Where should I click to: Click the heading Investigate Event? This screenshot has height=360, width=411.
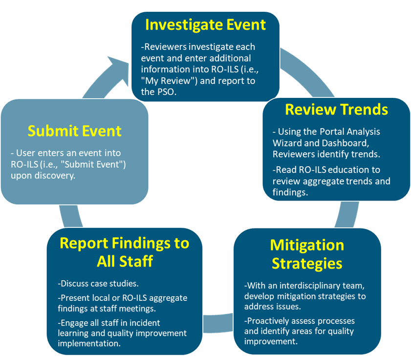point(205,24)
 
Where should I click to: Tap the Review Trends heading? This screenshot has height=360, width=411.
point(336,109)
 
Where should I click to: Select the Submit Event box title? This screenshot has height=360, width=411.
point(74,131)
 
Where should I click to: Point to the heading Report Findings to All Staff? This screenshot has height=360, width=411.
point(124,251)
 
